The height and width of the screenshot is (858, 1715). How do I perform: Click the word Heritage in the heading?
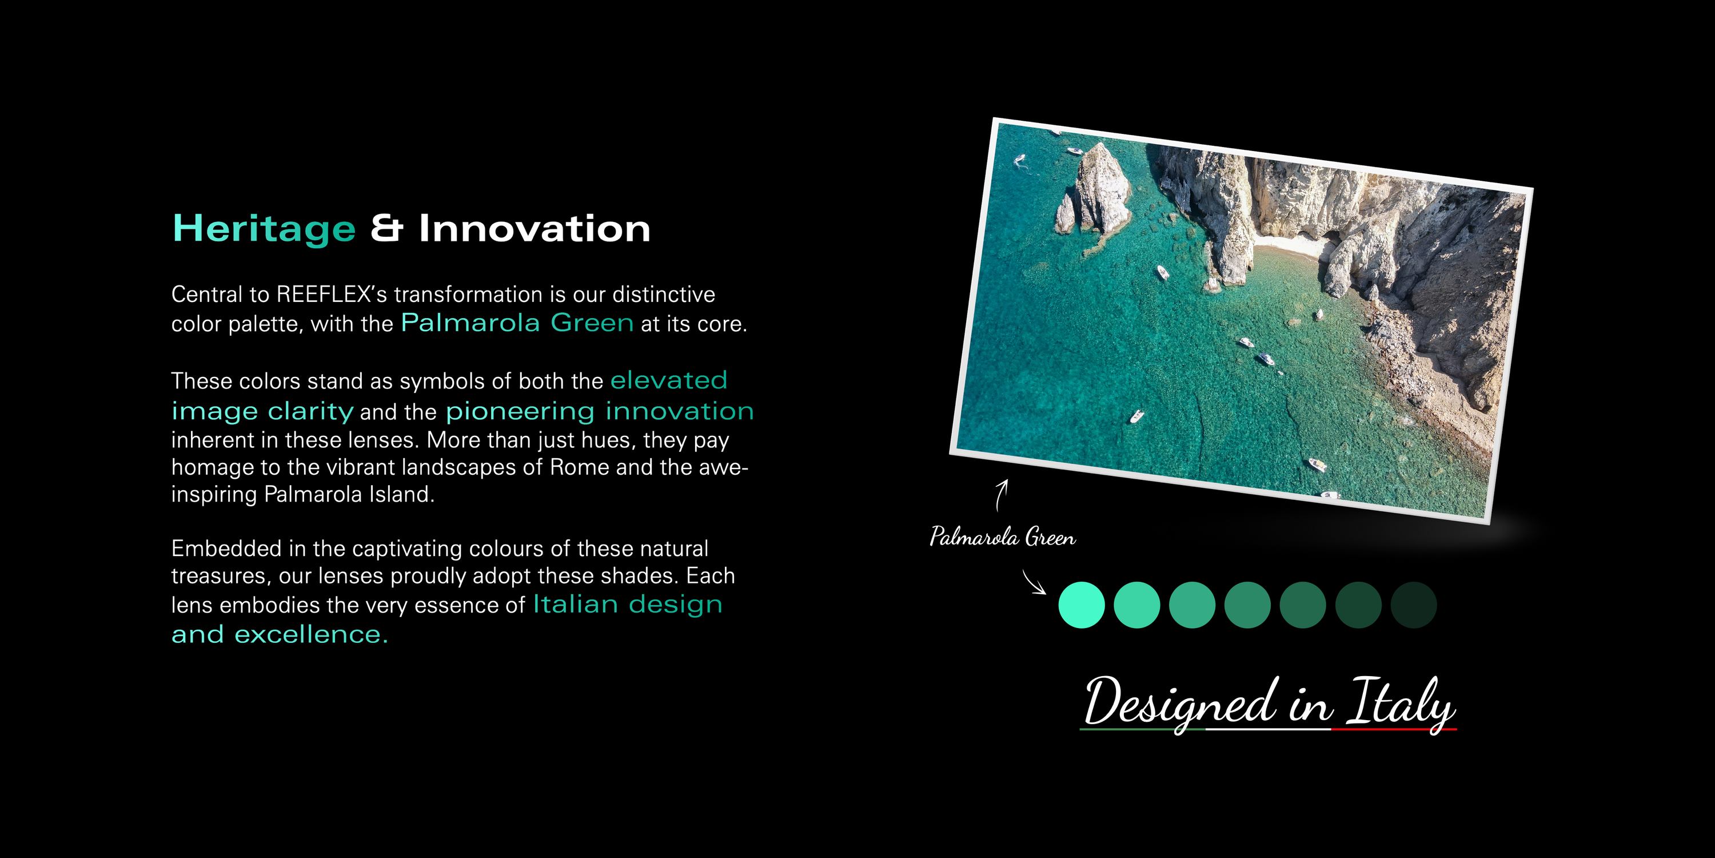coord(264,230)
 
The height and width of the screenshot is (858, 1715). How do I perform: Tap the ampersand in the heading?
coord(387,228)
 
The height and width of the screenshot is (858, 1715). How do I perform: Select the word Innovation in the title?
coord(535,228)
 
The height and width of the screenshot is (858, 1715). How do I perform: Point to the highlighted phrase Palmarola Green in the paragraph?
coord(517,323)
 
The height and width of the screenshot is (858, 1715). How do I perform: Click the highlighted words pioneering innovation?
coord(600,411)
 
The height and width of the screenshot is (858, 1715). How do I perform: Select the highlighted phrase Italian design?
coord(628,604)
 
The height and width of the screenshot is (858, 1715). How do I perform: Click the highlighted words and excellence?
coord(280,634)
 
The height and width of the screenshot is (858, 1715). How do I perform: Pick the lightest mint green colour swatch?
coord(1082,605)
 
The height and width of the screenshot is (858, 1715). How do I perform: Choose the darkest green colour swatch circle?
coord(1413,605)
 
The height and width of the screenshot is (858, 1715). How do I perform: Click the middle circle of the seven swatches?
coord(1247,605)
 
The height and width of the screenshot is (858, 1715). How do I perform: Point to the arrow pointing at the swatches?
coord(1034,582)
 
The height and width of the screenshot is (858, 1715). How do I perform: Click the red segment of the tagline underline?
coord(1394,729)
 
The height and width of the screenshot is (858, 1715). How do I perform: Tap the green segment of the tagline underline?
coord(1142,729)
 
